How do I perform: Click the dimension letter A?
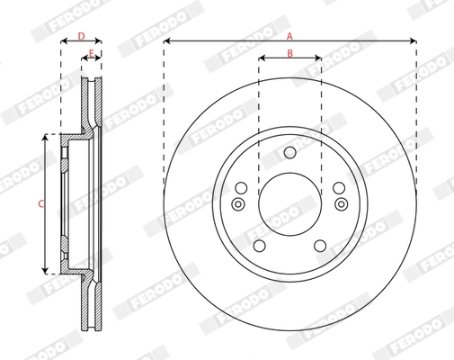pyautogui.click(x=289, y=36)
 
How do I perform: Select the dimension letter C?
pyautogui.click(x=40, y=204)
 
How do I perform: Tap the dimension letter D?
pyautogui.click(x=81, y=36)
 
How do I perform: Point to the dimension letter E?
pyautogui.click(x=91, y=55)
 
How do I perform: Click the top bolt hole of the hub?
pyautogui.click(x=289, y=153)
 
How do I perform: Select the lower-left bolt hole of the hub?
pyautogui.click(x=259, y=247)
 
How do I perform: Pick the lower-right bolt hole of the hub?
pyautogui.click(x=320, y=247)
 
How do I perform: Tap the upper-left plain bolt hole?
pyautogui.click(x=241, y=188)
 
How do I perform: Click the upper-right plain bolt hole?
pyautogui.click(x=338, y=188)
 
